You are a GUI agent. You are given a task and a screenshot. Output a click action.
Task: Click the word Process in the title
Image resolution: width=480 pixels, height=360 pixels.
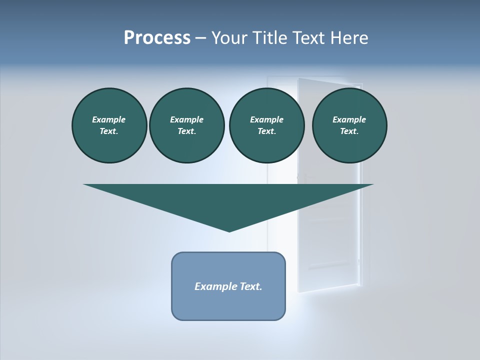point(157,38)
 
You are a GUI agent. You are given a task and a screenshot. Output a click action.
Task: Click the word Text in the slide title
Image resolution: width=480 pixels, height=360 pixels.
point(309,38)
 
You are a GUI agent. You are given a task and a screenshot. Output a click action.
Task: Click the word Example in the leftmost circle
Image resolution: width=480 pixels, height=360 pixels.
point(109,119)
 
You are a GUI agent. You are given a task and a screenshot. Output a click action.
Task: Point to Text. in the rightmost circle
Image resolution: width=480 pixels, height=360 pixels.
point(349,131)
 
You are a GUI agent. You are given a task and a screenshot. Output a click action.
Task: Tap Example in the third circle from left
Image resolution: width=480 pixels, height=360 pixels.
point(266,119)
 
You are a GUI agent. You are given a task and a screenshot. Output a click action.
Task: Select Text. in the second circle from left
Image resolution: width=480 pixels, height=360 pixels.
point(186,131)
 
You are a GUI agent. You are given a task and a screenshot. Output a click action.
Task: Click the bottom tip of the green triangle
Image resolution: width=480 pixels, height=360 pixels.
point(229,230)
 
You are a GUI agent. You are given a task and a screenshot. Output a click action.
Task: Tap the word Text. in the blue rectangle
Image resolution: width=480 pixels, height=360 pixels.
point(252,286)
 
